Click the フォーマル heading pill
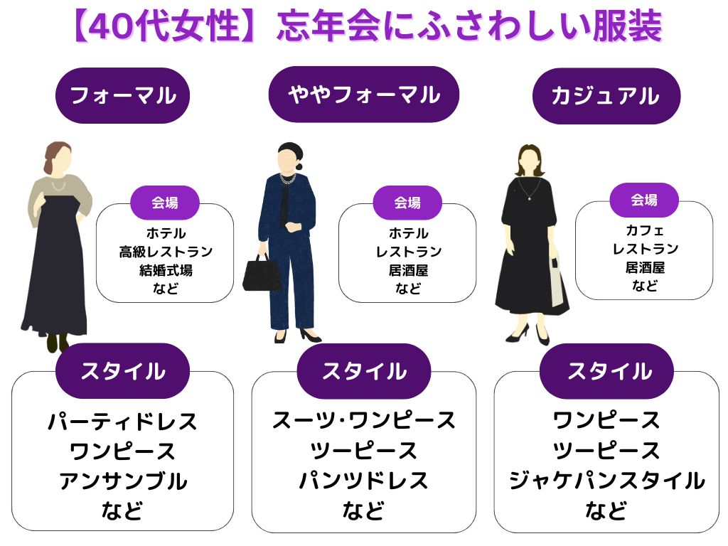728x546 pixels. coord(122,95)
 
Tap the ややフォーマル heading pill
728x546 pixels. coord(363,95)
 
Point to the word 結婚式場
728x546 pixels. coord(166,270)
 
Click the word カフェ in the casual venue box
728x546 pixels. coord(644,230)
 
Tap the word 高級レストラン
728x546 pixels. coord(166,252)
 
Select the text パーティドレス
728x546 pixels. coord(122,422)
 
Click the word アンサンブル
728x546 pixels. coord(122,481)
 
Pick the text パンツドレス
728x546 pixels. coord(363,481)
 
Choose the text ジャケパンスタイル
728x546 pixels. coord(606,481)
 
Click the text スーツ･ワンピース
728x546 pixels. coord(363,420)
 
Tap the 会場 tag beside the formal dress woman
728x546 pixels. coord(165,203)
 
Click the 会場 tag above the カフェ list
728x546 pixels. coord(644,200)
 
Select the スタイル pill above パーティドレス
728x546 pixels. coord(122,370)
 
